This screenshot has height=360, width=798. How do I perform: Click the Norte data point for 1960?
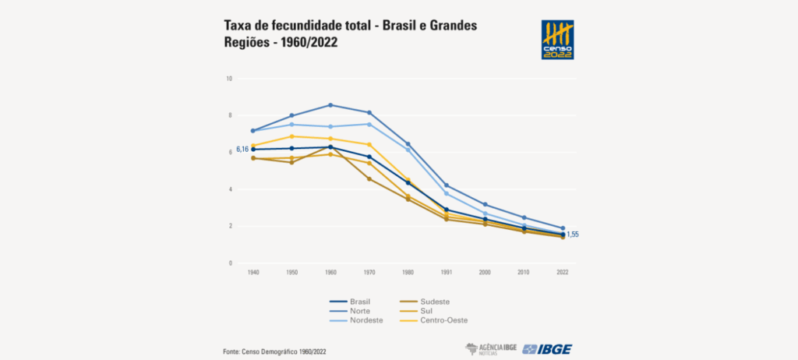pyautogui.click(x=330, y=105)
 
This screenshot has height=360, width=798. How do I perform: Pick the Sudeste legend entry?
pyautogui.click(x=435, y=302)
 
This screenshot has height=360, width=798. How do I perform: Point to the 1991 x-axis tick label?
pyautogui.click(x=447, y=273)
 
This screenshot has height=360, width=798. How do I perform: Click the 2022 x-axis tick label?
pyautogui.click(x=562, y=273)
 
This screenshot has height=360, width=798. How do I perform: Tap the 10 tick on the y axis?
pyautogui.click(x=229, y=79)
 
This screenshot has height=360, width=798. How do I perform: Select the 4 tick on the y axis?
pyautogui.click(x=231, y=189)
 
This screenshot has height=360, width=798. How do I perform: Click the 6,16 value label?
pyautogui.click(x=242, y=149)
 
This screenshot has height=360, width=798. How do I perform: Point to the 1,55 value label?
pyautogui.click(x=573, y=235)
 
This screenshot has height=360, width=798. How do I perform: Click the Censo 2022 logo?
pyautogui.click(x=557, y=41)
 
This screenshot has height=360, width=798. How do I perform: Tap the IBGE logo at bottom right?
pyautogui.click(x=547, y=348)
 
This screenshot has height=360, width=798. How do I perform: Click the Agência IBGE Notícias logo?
pyautogui.click(x=490, y=348)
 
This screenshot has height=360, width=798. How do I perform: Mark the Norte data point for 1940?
pyautogui.click(x=253, y=131)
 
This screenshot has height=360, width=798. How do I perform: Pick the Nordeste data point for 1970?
pyautogui.click(x=369, y=124)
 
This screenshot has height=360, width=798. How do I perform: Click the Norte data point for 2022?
pyautogui.click(x=562, y=228)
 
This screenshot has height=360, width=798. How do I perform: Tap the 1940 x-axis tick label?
pyautogui.click(x=253, y=273)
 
